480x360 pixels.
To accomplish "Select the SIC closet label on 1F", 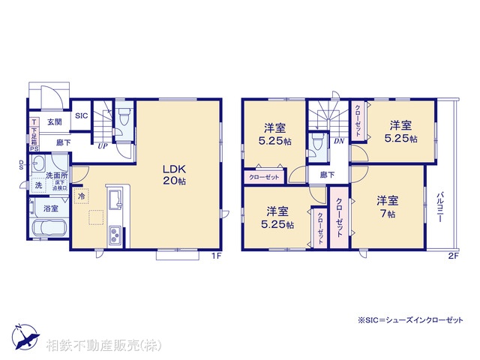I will pyautogui.click(x=82, y=115).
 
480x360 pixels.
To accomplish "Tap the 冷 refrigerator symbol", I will pyautogui.click(x=81, y=196).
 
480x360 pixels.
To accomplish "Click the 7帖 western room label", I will pyautogui.click(x=387, y=206).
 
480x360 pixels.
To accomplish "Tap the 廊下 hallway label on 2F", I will pyautogui.click(x=327, y=175).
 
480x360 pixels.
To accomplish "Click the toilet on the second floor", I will pyautogui.click(x=318, y=142).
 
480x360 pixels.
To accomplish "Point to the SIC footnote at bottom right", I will pyautogui.click(x=421, y=320).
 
